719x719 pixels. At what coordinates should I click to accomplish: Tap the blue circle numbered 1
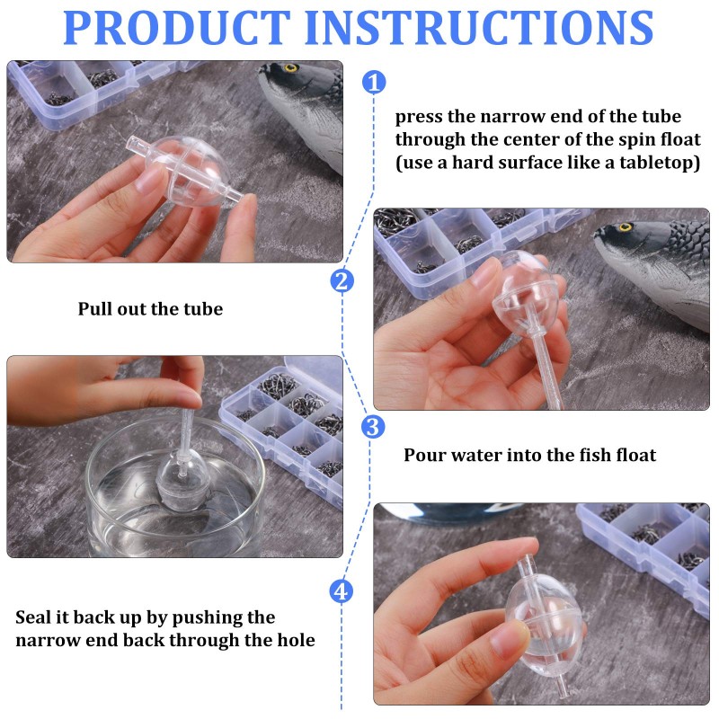tap(374, 83)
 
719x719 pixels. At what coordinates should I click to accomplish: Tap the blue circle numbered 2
tap(342, 281)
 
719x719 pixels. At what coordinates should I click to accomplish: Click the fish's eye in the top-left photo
tap(290, 68)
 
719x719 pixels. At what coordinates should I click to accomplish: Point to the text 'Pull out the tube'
tap(150, 309)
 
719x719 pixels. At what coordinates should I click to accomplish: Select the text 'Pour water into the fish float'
tap(529, 455)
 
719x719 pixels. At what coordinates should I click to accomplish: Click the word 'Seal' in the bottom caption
tap(35, 618)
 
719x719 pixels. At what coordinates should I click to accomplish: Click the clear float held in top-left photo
tap(188, 173)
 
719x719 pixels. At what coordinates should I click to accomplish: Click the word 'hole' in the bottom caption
tap(291, 641)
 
